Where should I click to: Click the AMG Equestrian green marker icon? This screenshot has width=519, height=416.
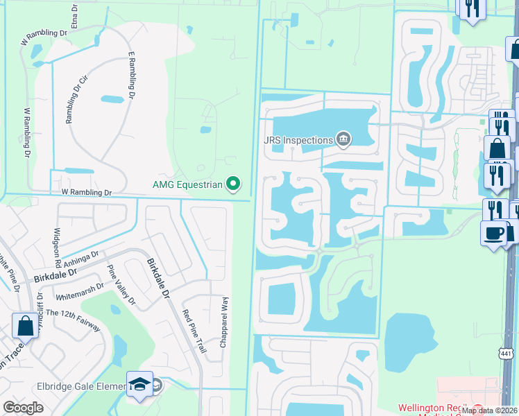(x=234, y=184)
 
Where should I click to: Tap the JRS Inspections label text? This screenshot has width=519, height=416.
(x=298, y=140)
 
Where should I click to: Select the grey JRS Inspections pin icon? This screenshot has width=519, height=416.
(x=343, y=140)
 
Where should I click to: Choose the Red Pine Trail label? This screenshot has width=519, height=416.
(x=195, y=331)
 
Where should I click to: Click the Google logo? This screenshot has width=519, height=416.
(x=23, y=408)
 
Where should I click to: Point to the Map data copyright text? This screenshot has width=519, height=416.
(x=488, y=410)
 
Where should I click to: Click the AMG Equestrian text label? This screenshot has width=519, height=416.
(x=187, y=184)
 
